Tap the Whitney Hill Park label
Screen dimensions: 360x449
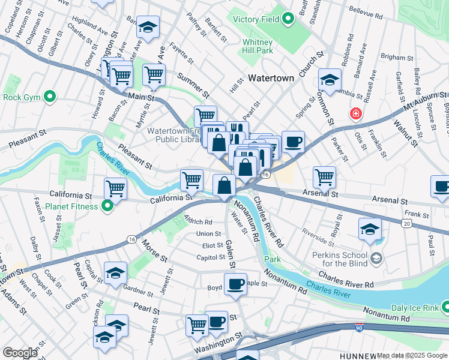(x=258, y=46)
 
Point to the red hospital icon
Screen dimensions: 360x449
(x=356, y=113)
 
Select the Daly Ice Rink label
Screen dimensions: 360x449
(x=414, y=308)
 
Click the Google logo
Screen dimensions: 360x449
(x=20, y=353)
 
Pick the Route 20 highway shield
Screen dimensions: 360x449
(x=406, y=223)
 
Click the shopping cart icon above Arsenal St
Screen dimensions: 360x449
(x=324, y=176)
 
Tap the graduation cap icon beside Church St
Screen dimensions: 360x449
(x=329, y=79)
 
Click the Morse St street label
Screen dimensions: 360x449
(x=155, y=250)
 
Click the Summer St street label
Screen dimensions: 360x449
(x=193, y=85)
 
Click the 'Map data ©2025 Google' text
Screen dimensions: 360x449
(x=412, y=355)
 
